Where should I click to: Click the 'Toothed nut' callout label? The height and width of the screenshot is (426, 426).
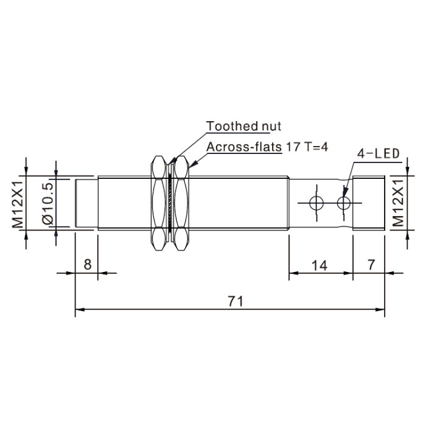(243, 127)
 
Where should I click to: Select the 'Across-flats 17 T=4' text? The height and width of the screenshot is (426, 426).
(267, 147)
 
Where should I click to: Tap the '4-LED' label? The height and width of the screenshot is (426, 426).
(378, 154)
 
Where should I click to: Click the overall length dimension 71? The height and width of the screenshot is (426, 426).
(236, 301)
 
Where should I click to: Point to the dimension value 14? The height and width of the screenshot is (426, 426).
(319, 265)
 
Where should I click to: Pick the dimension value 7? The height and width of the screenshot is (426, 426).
(371, 264)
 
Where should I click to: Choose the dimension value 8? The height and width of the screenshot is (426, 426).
(88, 264)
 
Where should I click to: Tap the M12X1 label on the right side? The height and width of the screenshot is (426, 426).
(399, 203)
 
